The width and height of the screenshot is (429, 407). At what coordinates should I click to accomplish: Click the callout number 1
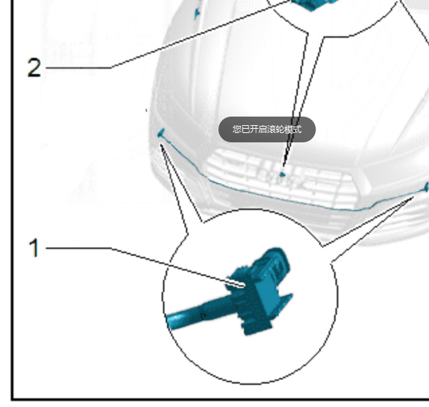click(34, 247)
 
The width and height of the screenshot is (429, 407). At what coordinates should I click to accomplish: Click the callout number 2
click(34, 67)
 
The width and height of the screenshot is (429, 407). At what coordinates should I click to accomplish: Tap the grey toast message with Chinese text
click(267, 129)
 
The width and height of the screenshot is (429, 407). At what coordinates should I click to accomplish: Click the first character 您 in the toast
click(237, 129)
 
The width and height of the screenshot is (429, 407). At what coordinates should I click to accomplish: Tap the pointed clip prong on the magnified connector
click(286, 299)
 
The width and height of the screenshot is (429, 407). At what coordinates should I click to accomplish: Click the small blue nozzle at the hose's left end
click(161, 133)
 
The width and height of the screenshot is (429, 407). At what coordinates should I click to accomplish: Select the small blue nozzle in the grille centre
click(282, 175)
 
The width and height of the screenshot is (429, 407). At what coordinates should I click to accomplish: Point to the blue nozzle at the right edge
click(427, 187)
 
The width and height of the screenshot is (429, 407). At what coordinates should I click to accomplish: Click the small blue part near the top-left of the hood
click(197, 12)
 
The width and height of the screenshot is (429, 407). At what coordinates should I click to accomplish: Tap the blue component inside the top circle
click(314, 4)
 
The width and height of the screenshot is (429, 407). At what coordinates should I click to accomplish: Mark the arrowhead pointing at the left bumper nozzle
click(163, 148)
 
